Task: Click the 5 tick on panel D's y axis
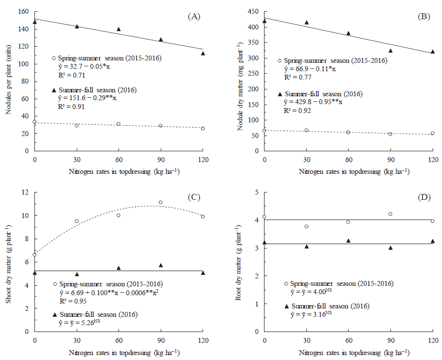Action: (258, 193)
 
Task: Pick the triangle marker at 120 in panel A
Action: (203, 54)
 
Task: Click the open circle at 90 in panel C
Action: (160, 202)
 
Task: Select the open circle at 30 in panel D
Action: (306, 226)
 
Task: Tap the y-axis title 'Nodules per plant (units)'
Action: (8, 82)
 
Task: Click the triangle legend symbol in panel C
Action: (55, 314)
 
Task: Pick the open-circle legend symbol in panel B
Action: (280, 60)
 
